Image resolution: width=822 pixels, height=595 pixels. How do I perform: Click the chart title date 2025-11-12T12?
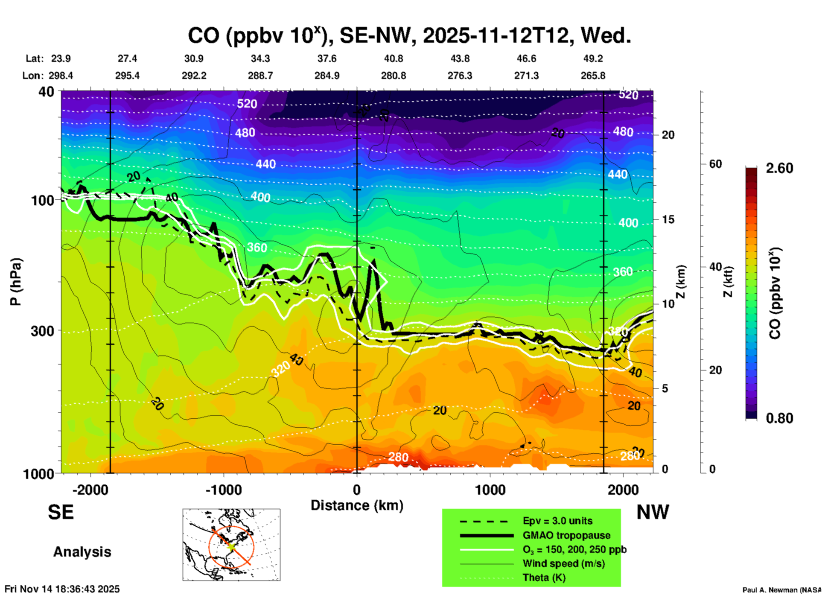pyautogui.click(x=496, y=36)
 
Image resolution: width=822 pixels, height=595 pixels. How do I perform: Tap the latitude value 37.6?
pyautogui.click(x=326, y=58)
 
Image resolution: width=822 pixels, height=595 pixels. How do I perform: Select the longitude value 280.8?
pyautogui.click(x=393, y=76)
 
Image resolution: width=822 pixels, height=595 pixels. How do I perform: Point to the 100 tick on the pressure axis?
pyautogui.click(x=42, y=200)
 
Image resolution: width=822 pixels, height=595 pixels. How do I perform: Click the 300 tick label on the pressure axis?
pyautogui.click(x=42, y=331)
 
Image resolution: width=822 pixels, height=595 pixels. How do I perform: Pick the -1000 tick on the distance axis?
pyautogui.click(x=224, y=490)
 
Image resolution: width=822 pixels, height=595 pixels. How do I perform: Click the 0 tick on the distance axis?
pyautogui.click(x=357, y=490)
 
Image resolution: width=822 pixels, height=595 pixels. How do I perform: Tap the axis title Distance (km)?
pyautogui.click(x=357, y=505)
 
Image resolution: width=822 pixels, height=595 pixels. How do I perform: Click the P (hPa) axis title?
pyautogui.click(x=16, y=282)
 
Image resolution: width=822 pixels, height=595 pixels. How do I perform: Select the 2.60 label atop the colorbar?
pyautogui.click(x=779, y=168)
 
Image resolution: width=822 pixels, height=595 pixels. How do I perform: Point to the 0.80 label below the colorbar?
pyautogui.click(x=779, y=418)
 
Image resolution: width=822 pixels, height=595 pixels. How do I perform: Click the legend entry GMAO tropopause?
pyautogui.click(x=566, y=535)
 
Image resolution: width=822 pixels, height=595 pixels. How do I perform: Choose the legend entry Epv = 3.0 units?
pyautogui.click(x=557, y=521)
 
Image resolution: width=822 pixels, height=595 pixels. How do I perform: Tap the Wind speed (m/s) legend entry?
pyautogui.click(x=563, y=563)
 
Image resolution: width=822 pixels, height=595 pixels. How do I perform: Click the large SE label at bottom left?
pyautogui.click(x=61, y=512)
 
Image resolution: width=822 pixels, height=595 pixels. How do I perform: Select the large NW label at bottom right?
pyautogui.click(x=653, y=512)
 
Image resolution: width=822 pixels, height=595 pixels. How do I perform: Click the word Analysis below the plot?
pyautogui.click(x=82, y=552)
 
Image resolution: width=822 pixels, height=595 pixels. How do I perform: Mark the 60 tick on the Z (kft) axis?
pyautogui.click(x=715, y=164)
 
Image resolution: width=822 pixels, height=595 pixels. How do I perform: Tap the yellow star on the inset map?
pyautogui.click(x=231, y=546)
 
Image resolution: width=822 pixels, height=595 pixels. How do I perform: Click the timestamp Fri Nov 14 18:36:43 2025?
pyautogui.click(x=62, y=589)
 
